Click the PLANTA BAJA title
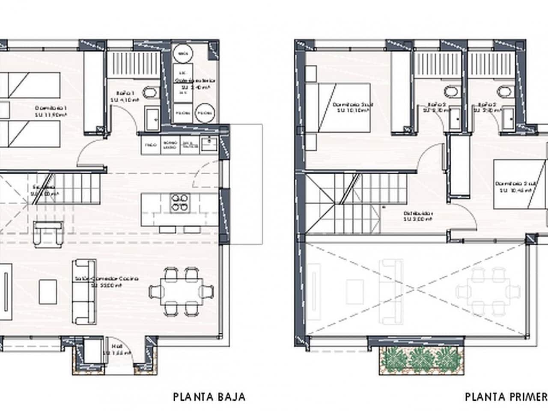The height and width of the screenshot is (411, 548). click(209, 396)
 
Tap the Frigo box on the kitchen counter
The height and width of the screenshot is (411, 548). click(150, 146)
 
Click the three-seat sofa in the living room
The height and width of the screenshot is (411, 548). click(83, 291)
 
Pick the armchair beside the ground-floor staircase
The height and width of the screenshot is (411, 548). click(47, 234)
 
